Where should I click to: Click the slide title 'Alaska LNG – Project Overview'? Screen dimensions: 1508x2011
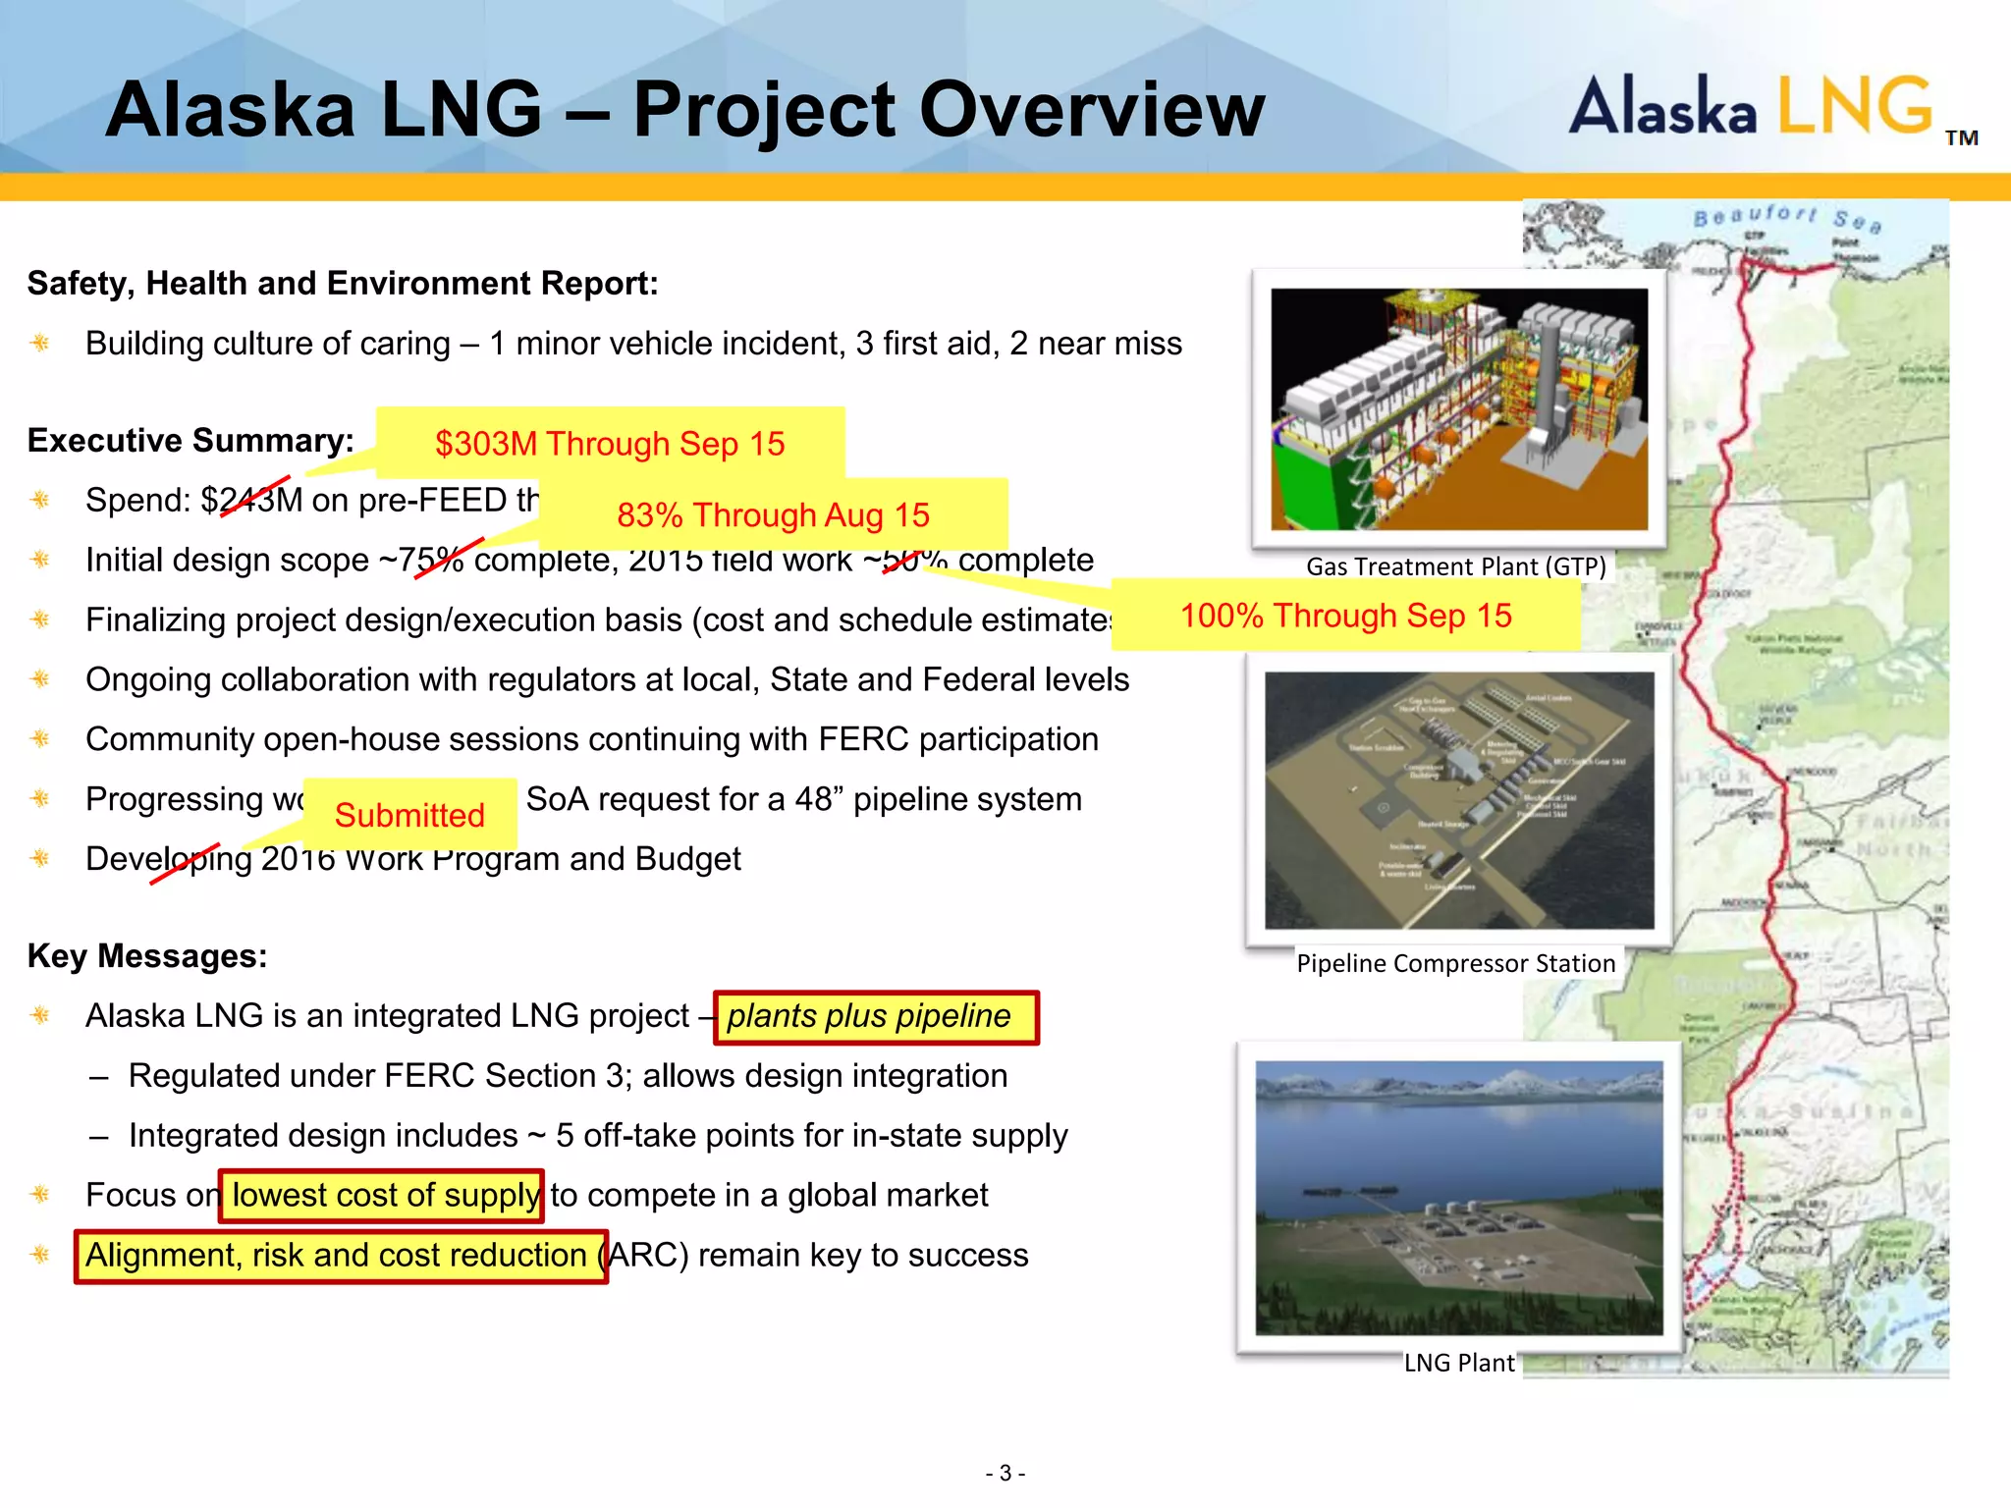click(684, 109)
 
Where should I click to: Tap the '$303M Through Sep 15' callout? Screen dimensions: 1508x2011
click(610, 444)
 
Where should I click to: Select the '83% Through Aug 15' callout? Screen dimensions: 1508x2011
click(773, 514)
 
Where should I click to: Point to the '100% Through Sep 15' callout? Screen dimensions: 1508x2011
click(1345, 616)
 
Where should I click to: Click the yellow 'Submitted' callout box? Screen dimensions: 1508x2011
click(409, 815)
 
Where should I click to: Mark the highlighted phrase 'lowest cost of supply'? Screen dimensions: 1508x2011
click(382, 1196)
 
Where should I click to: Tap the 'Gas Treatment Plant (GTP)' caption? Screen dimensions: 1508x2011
click(1455, 566)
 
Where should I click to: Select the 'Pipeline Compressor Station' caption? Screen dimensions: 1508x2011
click(1455, 963)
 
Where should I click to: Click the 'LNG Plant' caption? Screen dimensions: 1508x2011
click(1459, 1363)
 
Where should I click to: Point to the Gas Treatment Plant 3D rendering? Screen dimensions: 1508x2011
click(1459, 408)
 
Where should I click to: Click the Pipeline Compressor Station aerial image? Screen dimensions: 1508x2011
click(1459, 800)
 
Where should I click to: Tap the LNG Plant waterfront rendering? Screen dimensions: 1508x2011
click(1459, 1198)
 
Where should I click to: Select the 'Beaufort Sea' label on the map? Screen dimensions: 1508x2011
click(1787, 218)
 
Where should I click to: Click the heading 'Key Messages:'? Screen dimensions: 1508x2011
click(147, 956)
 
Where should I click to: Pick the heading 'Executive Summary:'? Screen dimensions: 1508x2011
click(190, 441)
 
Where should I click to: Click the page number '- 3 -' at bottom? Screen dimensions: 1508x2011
click(1005, 1473)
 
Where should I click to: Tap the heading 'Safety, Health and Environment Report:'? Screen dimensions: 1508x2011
click(343, 284)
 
